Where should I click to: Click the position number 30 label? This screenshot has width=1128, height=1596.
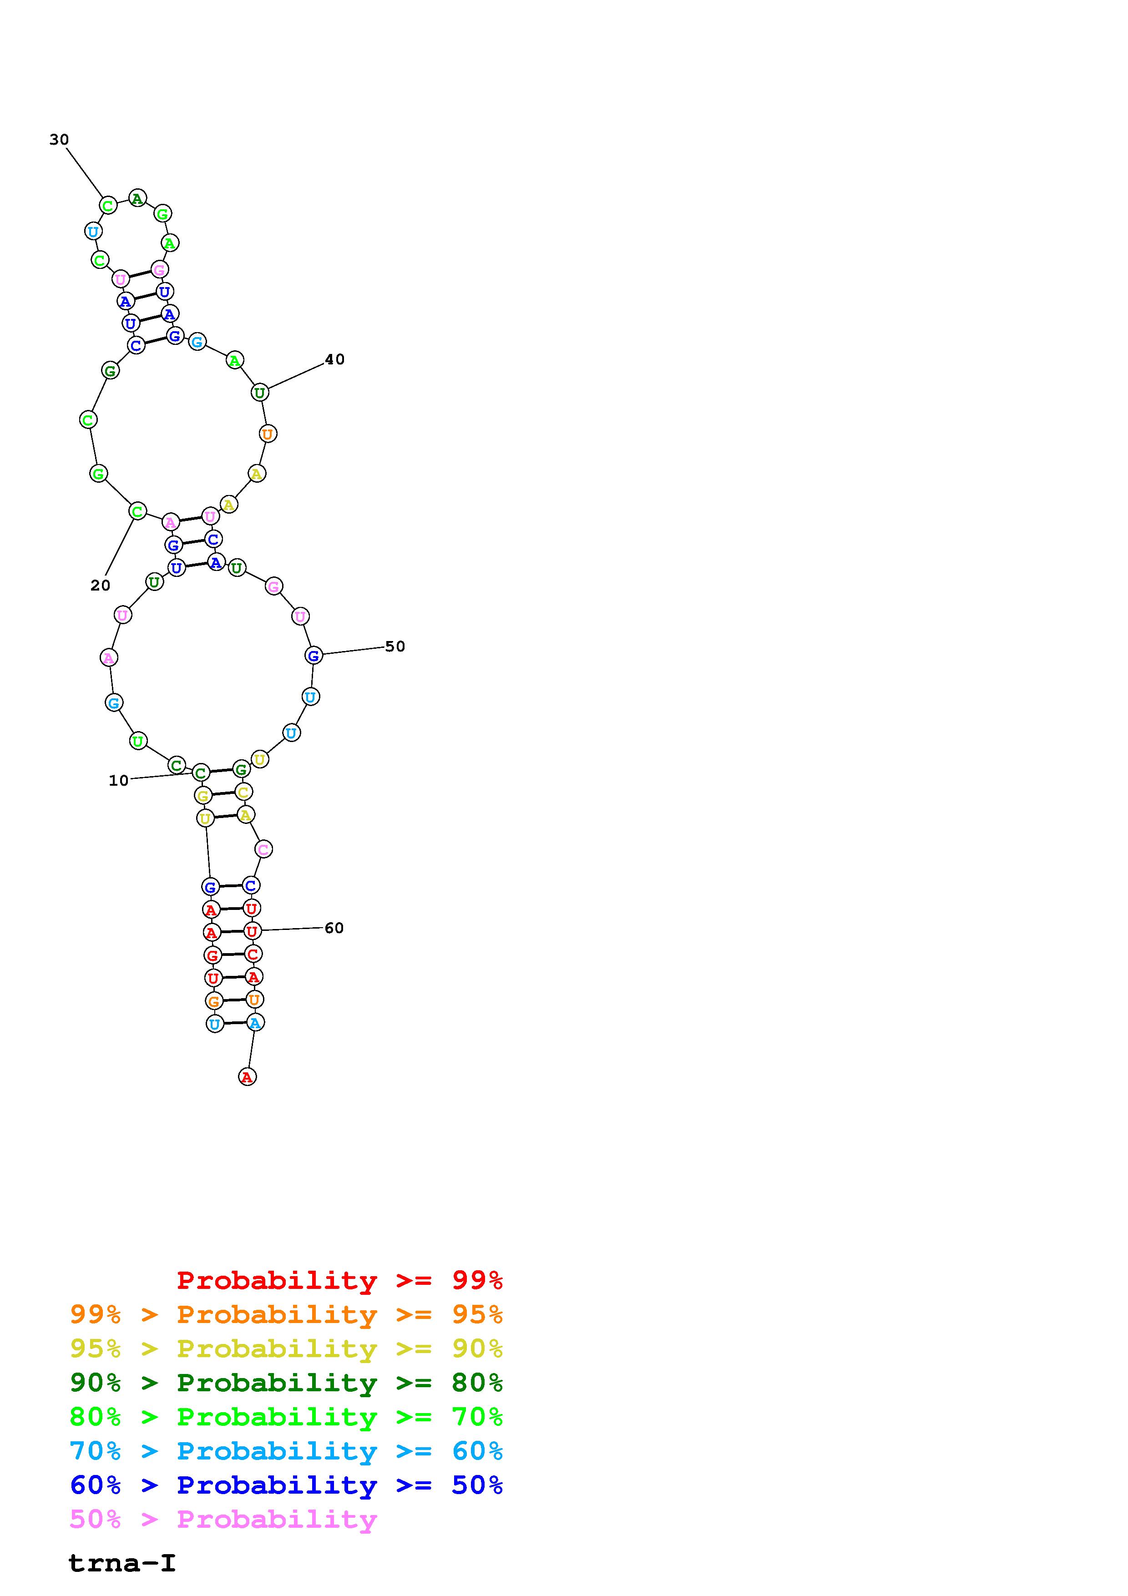click(59, 140)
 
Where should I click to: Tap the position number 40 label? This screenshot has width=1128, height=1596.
click(335, 359)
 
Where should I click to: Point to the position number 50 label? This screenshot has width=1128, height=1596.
click(395, 646)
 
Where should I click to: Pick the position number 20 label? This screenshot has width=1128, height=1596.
click(100, 585)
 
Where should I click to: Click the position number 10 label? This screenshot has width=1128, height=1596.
click(119, 781)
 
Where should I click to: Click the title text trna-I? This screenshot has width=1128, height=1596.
click(122, 1563)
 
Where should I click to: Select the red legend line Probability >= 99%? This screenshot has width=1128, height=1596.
click(340, 1280)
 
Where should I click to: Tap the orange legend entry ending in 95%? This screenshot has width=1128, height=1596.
click(286, 1314)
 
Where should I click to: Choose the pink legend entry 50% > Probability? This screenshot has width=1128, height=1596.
click(223, 1519)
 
